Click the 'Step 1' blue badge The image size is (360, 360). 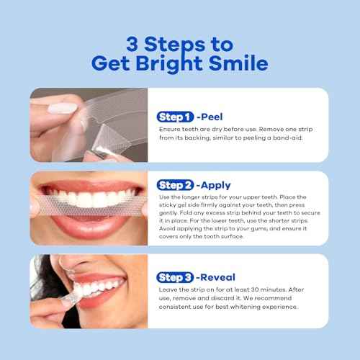click(x=174, y=116)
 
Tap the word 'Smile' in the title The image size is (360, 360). click(x=238, y=63)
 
